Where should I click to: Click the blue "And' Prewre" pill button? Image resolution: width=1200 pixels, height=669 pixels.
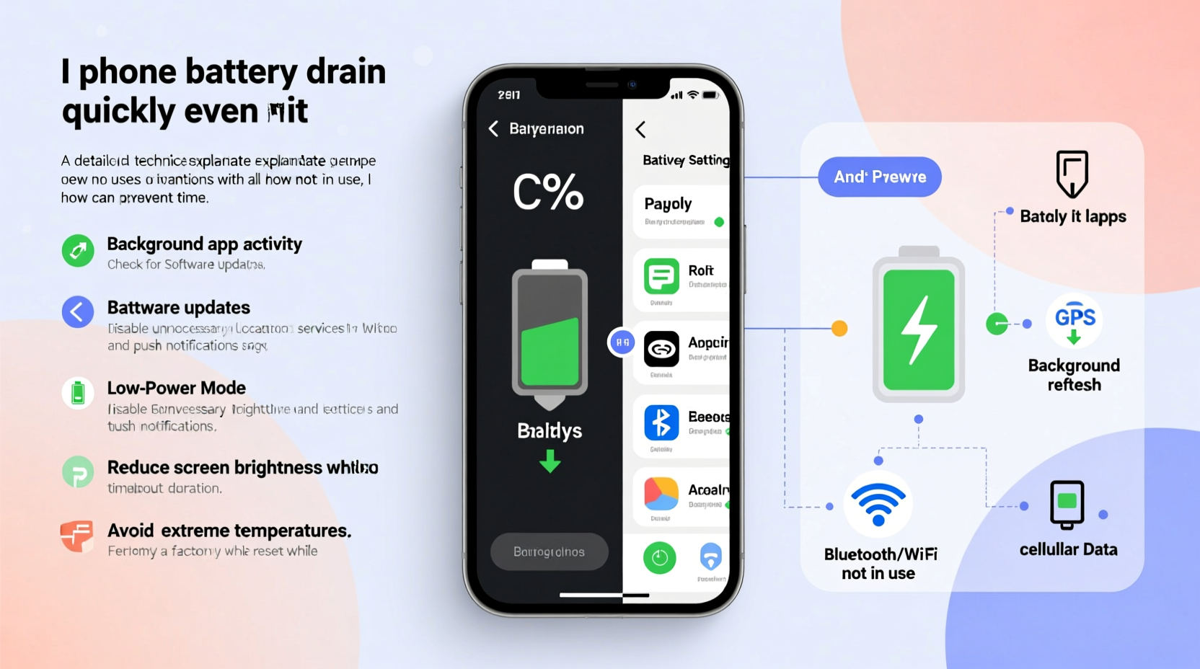pos(879,177)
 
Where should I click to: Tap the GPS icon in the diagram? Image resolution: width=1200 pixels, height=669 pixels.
pos(1075,321)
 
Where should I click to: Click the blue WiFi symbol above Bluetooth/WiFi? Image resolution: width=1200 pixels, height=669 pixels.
pos(878,504)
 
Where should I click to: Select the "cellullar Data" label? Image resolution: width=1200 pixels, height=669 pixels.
pos(1068,549)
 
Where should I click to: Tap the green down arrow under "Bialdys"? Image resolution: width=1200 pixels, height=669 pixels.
pos(550,461)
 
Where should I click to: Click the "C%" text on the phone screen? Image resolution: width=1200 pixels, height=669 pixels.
pos(548,192)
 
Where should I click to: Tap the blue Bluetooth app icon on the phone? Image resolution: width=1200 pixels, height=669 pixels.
pos(661,422)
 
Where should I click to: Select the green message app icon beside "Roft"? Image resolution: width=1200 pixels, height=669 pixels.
pos(661,276)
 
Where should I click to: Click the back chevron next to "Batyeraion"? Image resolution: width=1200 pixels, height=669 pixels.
pos(494,129)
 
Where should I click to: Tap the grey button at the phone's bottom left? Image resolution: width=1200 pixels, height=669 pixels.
pos(549,551)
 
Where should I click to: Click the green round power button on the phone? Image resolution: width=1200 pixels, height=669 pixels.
pos(659,557)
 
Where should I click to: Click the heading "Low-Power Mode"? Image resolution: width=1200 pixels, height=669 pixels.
pos(177,388)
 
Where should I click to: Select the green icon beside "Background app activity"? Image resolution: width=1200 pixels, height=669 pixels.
pos(78,251)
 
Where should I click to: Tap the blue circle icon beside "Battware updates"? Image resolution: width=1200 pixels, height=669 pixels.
pos(78,312)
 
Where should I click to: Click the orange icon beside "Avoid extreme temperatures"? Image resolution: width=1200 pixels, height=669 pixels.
pos(76,536)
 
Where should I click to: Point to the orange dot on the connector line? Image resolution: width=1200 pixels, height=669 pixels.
pos(839,329)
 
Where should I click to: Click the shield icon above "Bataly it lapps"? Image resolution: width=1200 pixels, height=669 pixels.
pos(1072,174)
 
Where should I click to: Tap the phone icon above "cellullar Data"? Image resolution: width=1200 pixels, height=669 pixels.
pos(1067,504)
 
